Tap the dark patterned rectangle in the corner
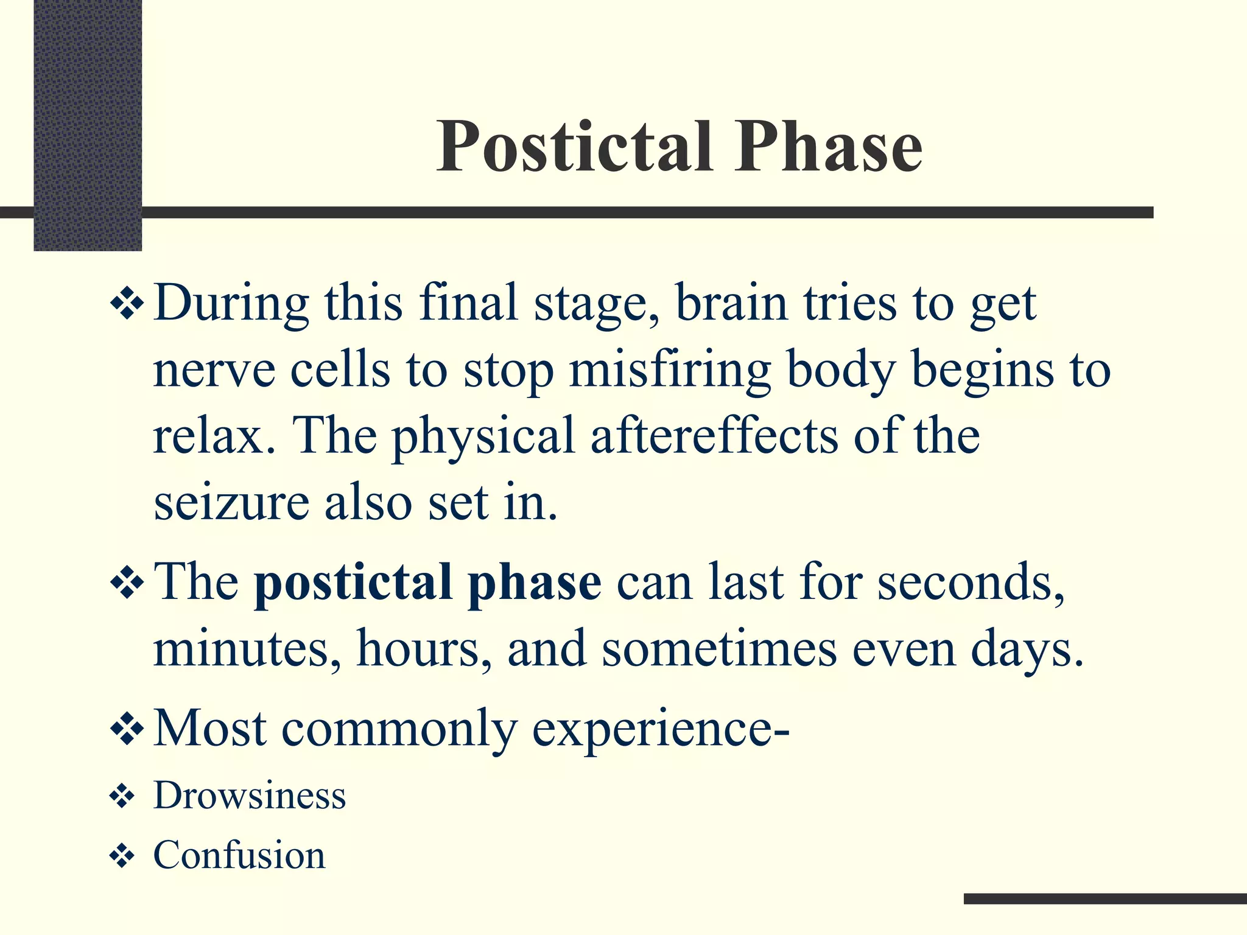[88, 125]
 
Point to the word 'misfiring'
[670, 371]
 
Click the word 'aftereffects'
[714, 436]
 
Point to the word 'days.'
[1027, 650]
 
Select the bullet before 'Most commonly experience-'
[127, 727]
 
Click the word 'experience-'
[660, 729]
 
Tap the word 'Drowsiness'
[250, 796]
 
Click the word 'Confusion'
[239, 855]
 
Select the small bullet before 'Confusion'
[122, 856]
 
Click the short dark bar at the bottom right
[1105, 898]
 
